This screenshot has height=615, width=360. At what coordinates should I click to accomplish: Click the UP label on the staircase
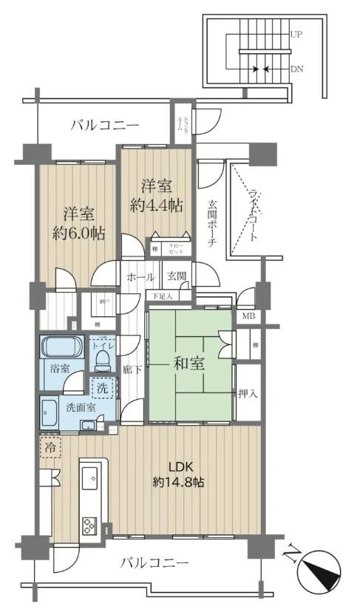(x=296, y=34)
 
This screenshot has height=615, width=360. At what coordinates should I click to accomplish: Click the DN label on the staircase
(x=296, y=69)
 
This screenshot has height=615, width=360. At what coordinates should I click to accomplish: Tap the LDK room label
(x=180, y=466)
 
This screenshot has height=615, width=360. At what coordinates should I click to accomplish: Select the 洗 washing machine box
(x=102, y=386)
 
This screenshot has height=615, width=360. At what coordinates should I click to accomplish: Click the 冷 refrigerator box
(x=49, y=447)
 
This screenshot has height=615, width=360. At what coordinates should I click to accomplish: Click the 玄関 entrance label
(x=176, y=277)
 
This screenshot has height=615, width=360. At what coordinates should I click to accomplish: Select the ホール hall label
(x=140, y=277)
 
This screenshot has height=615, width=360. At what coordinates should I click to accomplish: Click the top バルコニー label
(x=105, y=125)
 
